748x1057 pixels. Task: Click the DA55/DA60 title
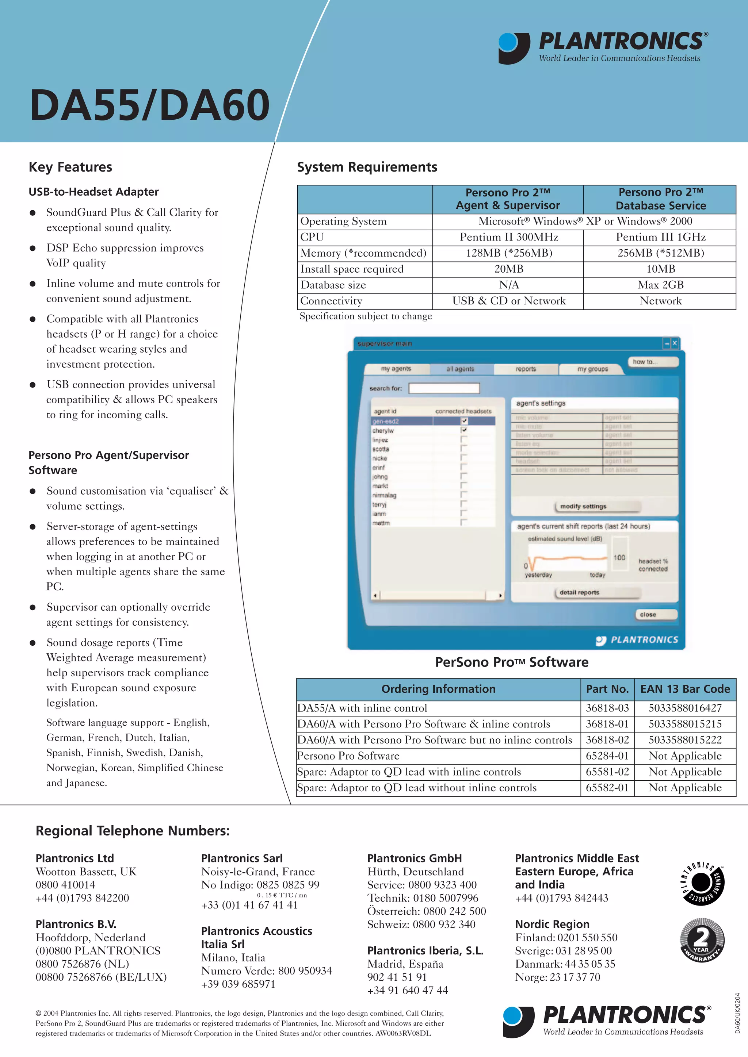(x=150, y=105)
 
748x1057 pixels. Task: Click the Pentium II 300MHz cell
(x=508, y=237)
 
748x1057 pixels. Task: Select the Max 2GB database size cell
(x=660, y=285)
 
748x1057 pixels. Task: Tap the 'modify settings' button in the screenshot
(x=583, y=506)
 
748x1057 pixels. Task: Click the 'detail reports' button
(x=579, y=592)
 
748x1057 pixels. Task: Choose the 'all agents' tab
(x=460, y=369)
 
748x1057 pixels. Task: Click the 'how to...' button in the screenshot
(x=653, y=362)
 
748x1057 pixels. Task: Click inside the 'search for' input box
(x=444, y=388)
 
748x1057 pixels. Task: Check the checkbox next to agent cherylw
(x=464, y=430)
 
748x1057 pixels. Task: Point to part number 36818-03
(x=607, y=708)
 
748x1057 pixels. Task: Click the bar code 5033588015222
(x=685, y=740)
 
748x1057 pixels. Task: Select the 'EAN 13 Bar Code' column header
(x=685, y=689)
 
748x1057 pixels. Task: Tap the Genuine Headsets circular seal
(x=702, y=883)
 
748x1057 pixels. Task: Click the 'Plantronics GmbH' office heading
(x=414, y=858)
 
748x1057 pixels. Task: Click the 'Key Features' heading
(x=70, y=167)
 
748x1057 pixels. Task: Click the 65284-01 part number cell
(x=607, y=756)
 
